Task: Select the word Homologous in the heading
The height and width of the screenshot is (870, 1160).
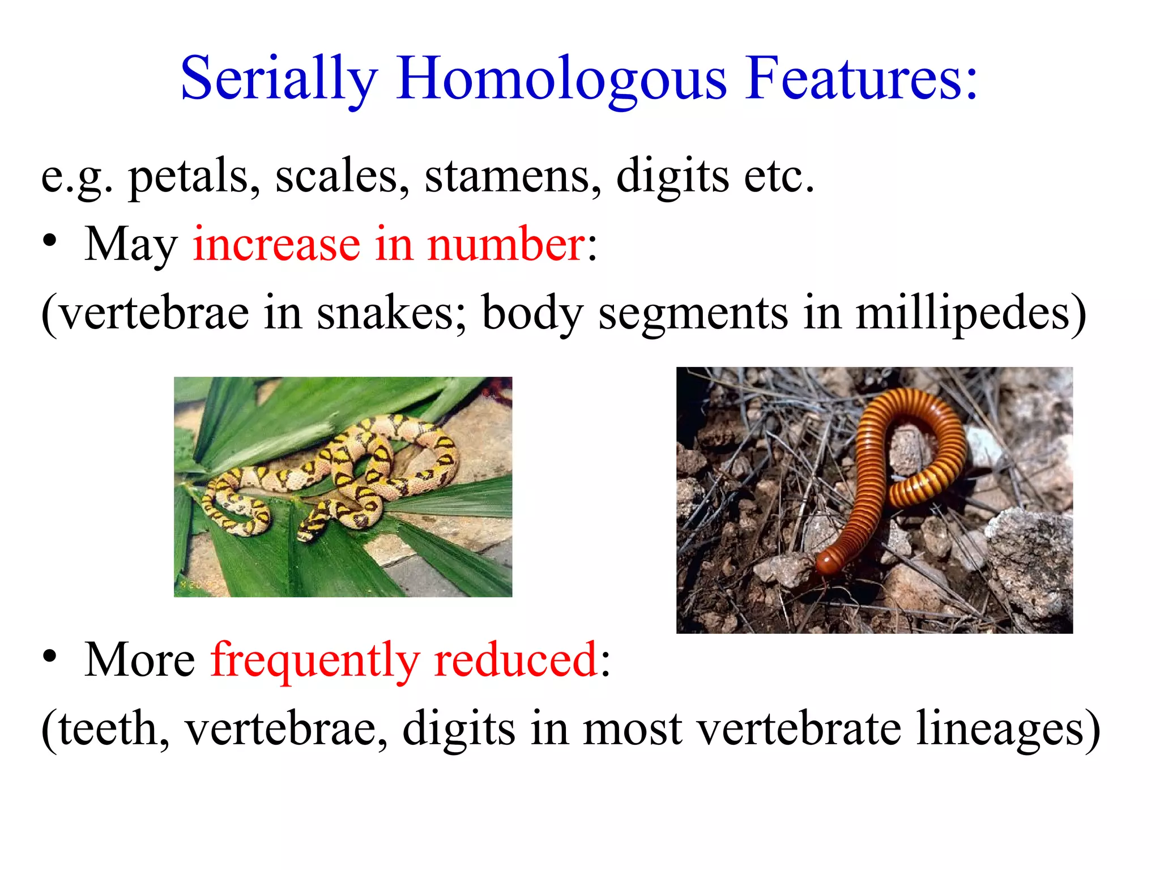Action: click(x=561, y=79)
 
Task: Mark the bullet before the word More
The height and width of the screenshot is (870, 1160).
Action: click(x=50, y=657)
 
